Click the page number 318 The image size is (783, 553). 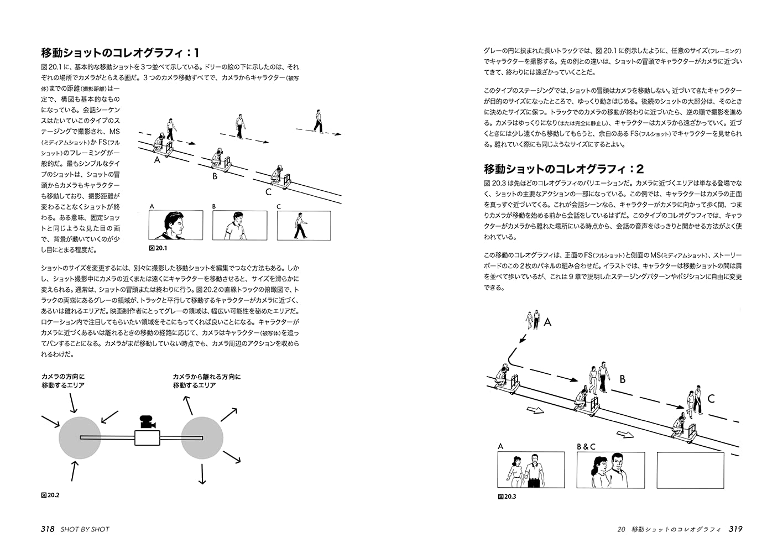pos(47,529)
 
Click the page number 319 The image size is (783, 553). pos(735,529)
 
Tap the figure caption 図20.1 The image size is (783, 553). pos(158,248)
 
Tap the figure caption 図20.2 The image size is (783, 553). pos(50,495)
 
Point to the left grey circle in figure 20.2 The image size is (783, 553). pos(80,438)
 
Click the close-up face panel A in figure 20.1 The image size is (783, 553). pos(176,225)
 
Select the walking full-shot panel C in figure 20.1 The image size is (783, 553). pos(304,225)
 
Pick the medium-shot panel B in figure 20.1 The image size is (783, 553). pos(239,225)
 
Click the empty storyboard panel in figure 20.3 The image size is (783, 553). pos(690,470)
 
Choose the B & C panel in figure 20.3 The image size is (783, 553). pos(610,470)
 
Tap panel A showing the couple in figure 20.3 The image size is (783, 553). pos(531,470)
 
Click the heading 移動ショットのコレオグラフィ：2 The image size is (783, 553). pos(563,169)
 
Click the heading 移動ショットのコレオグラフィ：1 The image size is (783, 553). pos(120,53)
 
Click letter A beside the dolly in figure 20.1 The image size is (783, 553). pos(158,160)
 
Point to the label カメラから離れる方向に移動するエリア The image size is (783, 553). pos(206,381)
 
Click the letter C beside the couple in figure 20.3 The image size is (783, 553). pos(711,398)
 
